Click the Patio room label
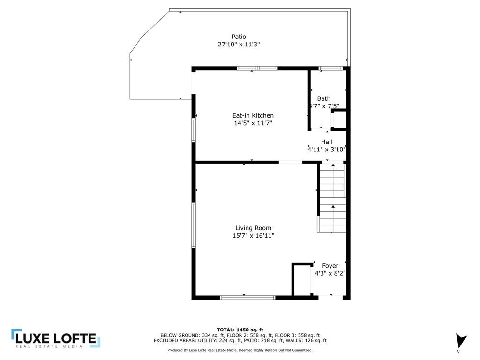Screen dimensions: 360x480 (x=239, y=37)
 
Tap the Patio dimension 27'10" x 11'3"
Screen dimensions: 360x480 (x=239, y=45)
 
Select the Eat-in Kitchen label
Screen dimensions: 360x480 (x=253, y=115)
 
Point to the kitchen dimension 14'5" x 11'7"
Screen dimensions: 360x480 (x=253, y=123)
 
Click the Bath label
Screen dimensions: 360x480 (x=324, y=98)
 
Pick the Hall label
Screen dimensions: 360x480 (x=327, y=142)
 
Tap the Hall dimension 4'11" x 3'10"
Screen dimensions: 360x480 (x=327, y=150)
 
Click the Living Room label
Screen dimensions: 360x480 (x=253, y=228)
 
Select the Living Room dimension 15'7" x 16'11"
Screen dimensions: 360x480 (x=253, y=236)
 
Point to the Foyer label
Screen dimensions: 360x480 (x=330, y=266)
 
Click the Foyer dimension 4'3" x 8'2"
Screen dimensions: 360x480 (x=330, y=273)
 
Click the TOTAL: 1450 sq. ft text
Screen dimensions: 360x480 (x=240, y=330)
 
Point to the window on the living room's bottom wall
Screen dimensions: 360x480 (x=247, y=297)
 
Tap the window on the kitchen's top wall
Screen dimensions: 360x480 (x=257, y=68)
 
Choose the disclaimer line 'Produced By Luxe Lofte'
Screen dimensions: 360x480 (x=240, y=350)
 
